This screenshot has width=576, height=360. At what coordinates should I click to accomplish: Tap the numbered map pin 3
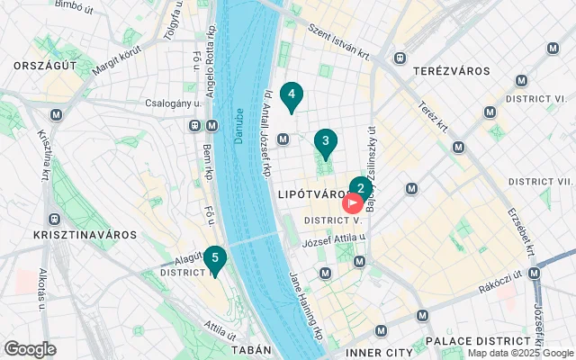click(x=325, y=142)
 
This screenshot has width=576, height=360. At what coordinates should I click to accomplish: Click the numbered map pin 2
click(x=360, y=189)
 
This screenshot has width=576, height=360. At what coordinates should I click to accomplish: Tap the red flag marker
click(x=353, y=204)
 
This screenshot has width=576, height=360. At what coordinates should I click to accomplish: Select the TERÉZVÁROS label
click(x=450, y=71)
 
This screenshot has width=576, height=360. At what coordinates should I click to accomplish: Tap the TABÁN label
click(x=250, y=350)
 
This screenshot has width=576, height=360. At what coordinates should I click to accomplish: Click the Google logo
click(x=30, y=349)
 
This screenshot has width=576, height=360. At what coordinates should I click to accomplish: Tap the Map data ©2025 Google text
click(x=520, y=354)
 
